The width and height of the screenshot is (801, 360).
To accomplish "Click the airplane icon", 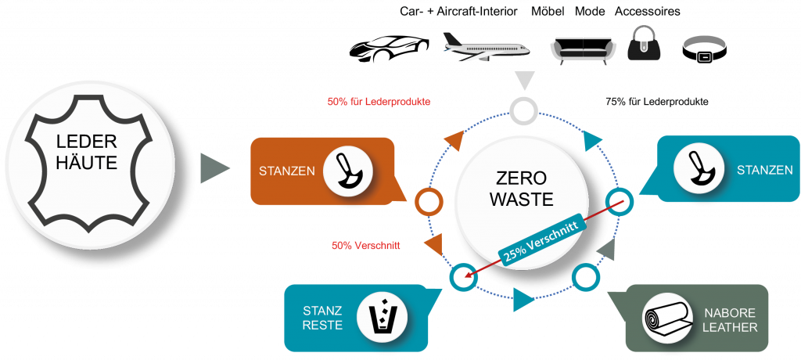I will click(x=486, y=48).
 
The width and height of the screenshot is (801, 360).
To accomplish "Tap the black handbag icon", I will click(x=644, y=45).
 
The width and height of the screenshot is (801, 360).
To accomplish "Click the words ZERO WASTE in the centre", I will click(x=522, y=188).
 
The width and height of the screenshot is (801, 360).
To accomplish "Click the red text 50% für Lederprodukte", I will click(x=379, y=102).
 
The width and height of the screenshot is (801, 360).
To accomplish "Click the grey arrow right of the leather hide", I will click(x=214, y=168).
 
